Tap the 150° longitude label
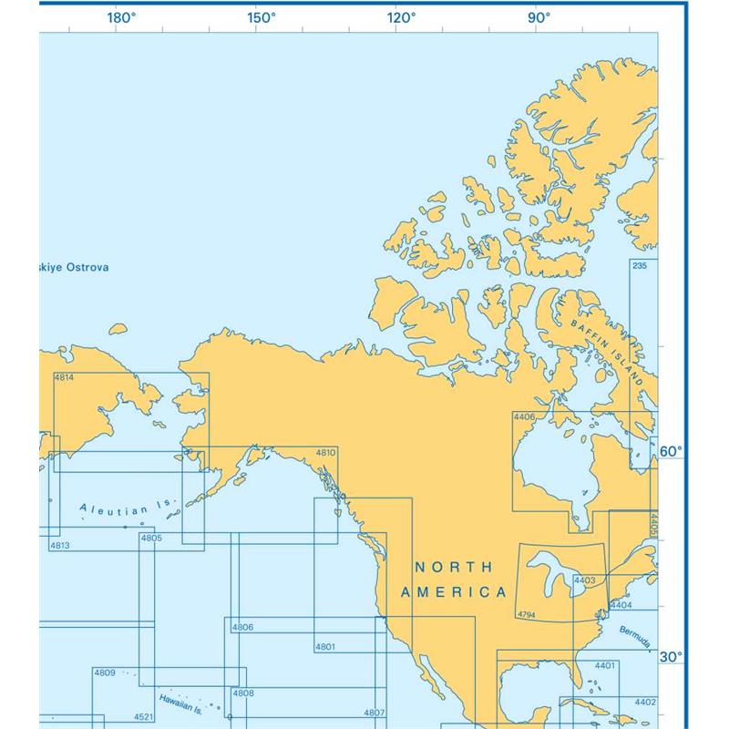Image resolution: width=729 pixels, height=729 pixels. pyautogui.click(x=262, y=16)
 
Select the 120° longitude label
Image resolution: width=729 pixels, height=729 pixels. pyautogui.click(x=401, y=16)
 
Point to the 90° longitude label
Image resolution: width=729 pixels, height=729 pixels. pyautogui.click(x=539, y=16)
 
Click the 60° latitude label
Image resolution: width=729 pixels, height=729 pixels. pyautogui.click(x=671, y=451)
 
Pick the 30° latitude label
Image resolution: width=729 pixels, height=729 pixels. pyautogui.click(x=671, y=657)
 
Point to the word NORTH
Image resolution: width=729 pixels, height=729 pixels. pyautogui.click(x=454, y=567)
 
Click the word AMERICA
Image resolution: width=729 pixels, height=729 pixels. pyautogui.click(x=454, y=592)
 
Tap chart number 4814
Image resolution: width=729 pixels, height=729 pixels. pyautogui.click(x=65, y=378)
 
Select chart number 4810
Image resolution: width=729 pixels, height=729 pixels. pyautogui.click(x=325, y=453)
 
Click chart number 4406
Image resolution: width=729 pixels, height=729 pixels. pyautogui.click(x=524, y=416)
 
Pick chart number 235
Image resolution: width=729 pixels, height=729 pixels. pyautogui.click(x=639, y=265)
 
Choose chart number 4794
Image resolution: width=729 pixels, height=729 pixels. pyautogui.click(x=527, y=615)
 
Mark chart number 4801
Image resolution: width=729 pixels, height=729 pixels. pyautogui.click(x=325, y=647)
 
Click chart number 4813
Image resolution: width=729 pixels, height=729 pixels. pyautogui.click(x=60, y=545)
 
